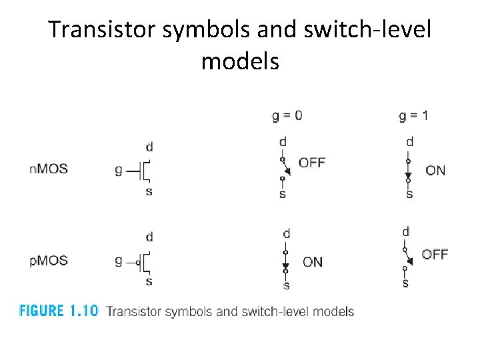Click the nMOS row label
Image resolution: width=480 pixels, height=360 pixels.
click(49, 169)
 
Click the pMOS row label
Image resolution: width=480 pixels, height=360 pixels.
click(49, 260)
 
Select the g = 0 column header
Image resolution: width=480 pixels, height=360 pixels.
click(287, 116)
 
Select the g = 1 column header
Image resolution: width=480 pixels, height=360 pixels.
click(413, 116)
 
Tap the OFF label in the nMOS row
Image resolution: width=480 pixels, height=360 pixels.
click(311, 162)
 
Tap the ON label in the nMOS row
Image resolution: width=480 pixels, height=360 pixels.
click(435, 171)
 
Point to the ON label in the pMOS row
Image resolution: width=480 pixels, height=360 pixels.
click(312, 262)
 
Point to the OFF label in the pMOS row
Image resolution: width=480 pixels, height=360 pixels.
click(435, 254)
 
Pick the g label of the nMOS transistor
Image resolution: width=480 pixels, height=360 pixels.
click(119, 171)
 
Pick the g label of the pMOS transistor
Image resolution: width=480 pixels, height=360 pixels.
click(119, 261)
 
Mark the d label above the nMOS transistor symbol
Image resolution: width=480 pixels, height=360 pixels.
click(149, 147)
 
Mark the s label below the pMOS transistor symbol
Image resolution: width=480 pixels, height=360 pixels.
click(149, 281)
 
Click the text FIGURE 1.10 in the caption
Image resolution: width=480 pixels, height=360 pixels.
click(59, 311)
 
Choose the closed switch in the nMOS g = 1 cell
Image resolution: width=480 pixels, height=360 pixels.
click(409, 169)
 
